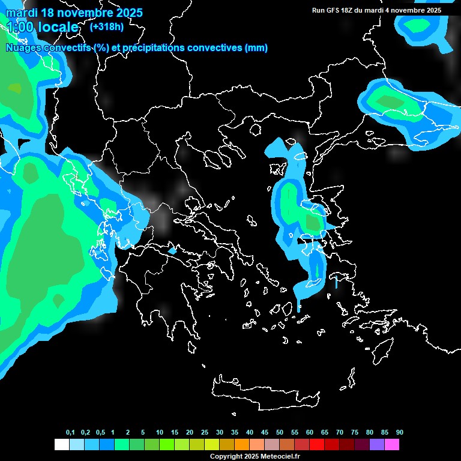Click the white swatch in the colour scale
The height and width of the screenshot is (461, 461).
click(x=61, y=445)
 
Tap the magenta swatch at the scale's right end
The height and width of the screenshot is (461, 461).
click(x=391, y=445)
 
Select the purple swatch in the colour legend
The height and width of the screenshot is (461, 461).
click(x=376, y=445)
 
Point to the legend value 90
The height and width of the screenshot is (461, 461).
click(x=399, y=433)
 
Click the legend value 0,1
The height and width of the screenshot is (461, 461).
click(x=70, y=433)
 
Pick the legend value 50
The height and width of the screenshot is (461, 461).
click(x=280, y=433)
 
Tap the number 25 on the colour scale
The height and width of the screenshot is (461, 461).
click(x=205, y=433)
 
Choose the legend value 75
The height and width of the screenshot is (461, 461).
click(x=354, y=433)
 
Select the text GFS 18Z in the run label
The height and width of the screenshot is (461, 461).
click(x=342, y=10)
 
